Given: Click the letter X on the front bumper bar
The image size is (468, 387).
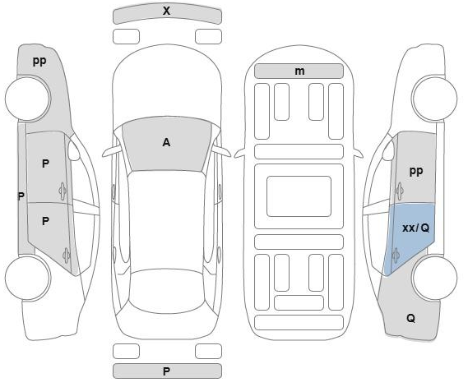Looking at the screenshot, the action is pos(166,11).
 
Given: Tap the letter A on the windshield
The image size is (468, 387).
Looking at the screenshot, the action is pos(166,142).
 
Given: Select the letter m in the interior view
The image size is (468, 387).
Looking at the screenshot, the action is pos(299,71).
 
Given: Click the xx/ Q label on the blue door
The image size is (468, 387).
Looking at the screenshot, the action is pos(415,228).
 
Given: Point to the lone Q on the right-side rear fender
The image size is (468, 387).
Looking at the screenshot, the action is pos(410,319).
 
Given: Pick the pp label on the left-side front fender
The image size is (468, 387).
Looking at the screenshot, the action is pos(39,61).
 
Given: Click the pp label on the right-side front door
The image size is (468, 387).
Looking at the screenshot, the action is pos(415,171).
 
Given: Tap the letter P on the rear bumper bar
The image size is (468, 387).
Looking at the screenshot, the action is pos(166,371).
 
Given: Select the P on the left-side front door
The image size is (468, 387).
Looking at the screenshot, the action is pos(45,164).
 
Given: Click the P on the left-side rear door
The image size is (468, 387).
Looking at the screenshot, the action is pos(45,221).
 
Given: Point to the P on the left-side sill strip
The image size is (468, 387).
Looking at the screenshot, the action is pos(21,196).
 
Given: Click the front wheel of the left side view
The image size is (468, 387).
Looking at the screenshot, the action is pos(28,98).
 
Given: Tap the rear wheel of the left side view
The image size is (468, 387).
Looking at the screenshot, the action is pos(28,278).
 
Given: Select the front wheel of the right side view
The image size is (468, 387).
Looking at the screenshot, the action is pos(434,98).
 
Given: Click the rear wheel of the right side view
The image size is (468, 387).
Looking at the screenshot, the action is pos(434,278).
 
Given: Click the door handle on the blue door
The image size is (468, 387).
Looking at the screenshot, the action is pos(396,256).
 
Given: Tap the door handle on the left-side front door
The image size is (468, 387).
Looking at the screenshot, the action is pos(63,191).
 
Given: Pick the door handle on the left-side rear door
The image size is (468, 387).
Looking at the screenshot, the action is pos(67,256).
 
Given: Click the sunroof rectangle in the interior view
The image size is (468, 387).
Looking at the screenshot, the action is pos(299,196).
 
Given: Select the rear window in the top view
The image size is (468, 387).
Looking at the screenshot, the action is pos(166,291).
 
